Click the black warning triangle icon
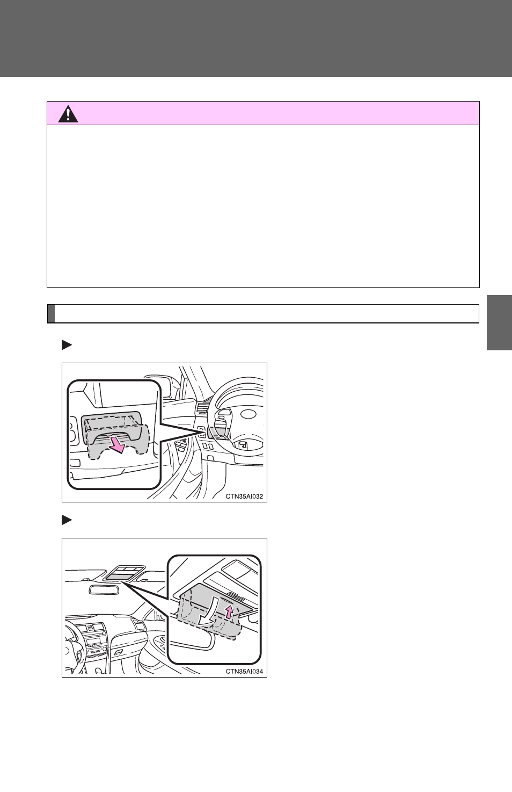[x=68, y=114]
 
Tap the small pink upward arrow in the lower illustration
[x=230, y=611]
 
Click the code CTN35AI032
[x=244, y=496]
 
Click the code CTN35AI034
[x=244, y=672]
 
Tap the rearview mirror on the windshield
[x=104, y=589]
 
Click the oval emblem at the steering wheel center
[x=248, y=414]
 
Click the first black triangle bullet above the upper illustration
[x=67, y=345]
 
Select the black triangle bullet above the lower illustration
[x=67, y=520]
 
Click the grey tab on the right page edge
[x=499, y=322]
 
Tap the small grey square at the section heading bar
[x=51, y=313]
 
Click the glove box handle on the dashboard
[x=119, y=651]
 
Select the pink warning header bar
[x=263, y=113]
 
